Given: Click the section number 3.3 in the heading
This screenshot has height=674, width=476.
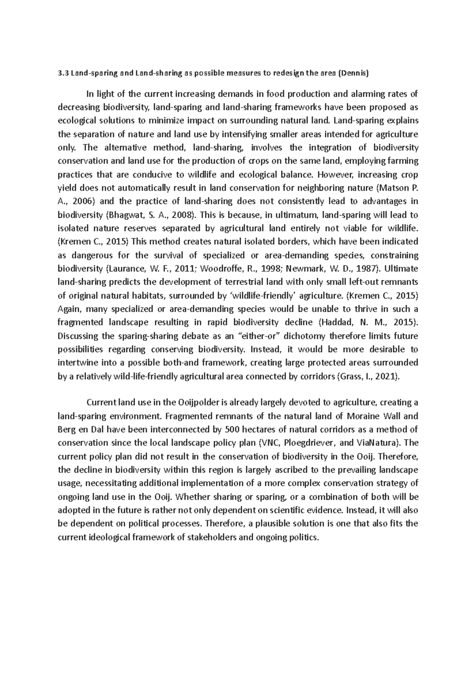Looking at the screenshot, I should coord(62,73).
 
